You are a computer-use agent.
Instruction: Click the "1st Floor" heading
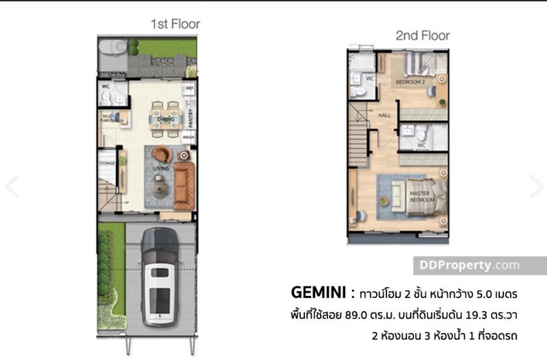coord(175,24)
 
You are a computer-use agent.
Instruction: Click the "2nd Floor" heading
coord(422,36)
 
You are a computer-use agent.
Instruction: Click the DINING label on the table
coord(166,119)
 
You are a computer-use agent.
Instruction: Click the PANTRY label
coord(191,118)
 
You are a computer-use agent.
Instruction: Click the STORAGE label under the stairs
coord(107,163)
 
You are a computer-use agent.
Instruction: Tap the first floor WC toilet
coord(106,97)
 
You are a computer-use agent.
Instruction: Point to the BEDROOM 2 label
coord(410,82)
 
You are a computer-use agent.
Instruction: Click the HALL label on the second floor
coord(384,115)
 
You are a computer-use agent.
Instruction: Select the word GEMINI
coord(317,293)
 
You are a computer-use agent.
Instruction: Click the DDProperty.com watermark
coord(466,265)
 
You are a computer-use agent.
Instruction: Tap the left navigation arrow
coord(11,186)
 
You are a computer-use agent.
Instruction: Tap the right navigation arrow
coord(537,186)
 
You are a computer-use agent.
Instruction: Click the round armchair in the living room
coord(162,154)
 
